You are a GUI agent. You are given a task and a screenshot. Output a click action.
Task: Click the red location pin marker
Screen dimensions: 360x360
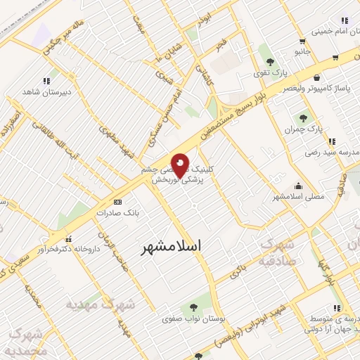[x=181, y=164]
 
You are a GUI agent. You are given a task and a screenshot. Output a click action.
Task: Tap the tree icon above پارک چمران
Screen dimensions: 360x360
[x=303, y=118]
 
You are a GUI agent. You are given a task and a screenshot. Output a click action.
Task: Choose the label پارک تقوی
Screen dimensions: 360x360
[x=276, y=72]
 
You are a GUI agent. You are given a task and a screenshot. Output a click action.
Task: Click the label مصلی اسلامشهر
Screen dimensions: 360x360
[x=300, y=196]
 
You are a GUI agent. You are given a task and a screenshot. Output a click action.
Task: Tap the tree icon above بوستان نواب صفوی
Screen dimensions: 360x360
[x=192, y=307]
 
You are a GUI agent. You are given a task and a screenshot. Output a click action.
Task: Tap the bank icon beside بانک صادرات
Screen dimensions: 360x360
[x=117, y=202]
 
